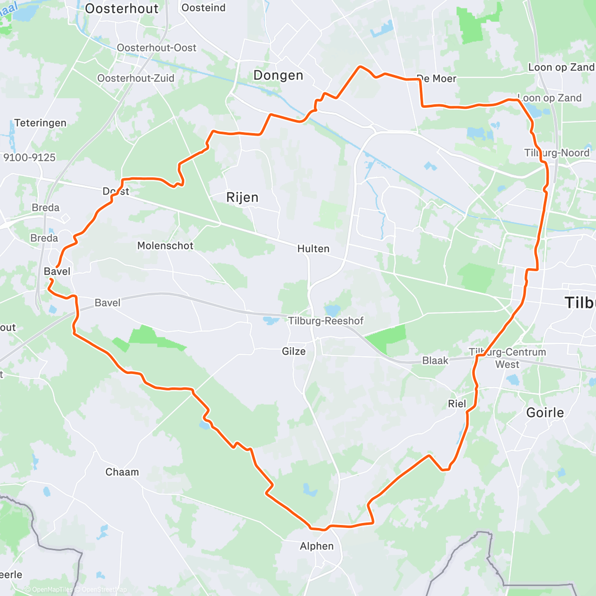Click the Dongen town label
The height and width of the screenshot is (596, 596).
point(278,75)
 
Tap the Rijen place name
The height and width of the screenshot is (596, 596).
point(242,198)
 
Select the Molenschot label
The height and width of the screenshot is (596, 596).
point(165,246)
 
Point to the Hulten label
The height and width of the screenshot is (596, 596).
point(313,249)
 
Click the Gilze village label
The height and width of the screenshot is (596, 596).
point(294,352)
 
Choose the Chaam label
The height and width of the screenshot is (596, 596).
point(122,472)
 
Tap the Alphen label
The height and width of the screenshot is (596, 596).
point(317,546)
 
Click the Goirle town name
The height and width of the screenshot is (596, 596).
point(545,413)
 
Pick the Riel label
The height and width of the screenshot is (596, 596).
point(457,404)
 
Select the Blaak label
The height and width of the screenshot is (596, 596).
point(435,361)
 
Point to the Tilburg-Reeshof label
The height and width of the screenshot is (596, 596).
point(326,321)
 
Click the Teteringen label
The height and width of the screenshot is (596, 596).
point(40,123)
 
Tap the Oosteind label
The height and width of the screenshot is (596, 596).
point(203,8)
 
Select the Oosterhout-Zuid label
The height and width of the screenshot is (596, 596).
point(136,78)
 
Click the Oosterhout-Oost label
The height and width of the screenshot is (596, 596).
point(156,48)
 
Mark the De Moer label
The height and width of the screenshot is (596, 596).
point(437,78)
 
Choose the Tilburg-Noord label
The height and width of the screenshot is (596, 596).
point(557,153)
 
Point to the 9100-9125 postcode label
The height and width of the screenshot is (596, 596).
point(29,158)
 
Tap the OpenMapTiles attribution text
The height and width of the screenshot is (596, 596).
point(51,590)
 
